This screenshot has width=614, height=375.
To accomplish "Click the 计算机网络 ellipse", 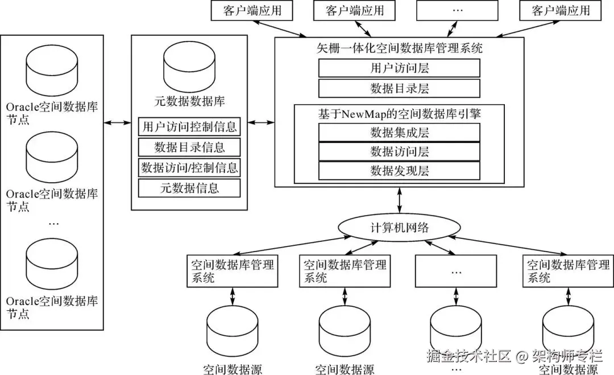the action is tap(399, 227).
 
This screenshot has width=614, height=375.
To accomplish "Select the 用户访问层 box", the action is tap(399, 68).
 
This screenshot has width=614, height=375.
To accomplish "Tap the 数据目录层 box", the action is tap(399, 88).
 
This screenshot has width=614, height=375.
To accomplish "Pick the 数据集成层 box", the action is tap(399, 132).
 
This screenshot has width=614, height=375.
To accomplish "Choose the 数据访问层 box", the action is tap(399, 151).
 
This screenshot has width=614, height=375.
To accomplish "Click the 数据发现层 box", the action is tap(399, 171).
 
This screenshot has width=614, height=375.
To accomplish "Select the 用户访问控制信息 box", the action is tap(189, 126).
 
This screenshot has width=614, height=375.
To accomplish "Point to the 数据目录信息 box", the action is tap(189, 147).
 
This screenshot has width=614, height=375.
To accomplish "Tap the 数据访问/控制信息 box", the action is tap(189, 168).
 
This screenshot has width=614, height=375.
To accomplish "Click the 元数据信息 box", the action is tap(189, 188).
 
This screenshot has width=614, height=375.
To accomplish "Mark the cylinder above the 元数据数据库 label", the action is tap(189, 66).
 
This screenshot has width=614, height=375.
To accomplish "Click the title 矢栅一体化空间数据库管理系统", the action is tap(400, 48).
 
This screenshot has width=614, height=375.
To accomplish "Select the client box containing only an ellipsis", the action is tap(457, 11).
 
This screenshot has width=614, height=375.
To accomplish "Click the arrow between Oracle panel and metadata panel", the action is tap(118, 123).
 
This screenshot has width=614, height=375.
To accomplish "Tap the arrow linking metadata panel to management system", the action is tap(261, 123).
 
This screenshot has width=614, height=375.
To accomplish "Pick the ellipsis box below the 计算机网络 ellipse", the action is tap(456, 271).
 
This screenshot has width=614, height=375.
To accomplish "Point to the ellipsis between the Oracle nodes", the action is tap(53, 224).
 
